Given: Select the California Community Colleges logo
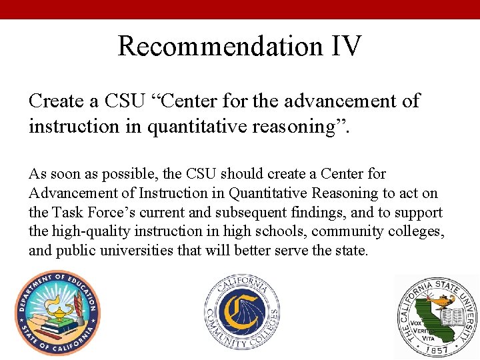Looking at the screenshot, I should point(241,314).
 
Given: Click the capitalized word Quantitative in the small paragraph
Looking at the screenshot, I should point(269,193).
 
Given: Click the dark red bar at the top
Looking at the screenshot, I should point(240,9).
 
